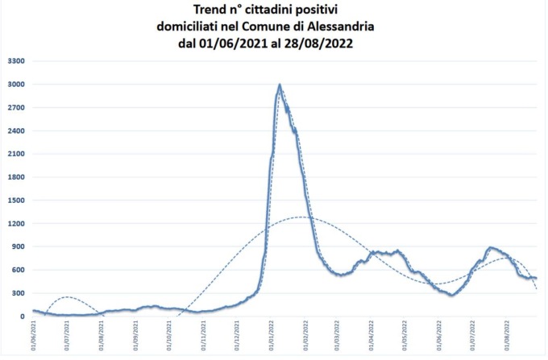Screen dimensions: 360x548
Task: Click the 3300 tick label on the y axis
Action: (x=16, y=61)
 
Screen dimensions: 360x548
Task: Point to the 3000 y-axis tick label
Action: (x=16, y=85)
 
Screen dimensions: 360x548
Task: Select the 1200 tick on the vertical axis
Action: (x=16, y=223)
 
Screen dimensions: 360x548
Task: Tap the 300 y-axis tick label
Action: (x=19, y=292)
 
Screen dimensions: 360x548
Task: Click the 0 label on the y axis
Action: (x=23, y=316)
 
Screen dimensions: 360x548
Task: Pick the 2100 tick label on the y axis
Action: (x=16, y=154)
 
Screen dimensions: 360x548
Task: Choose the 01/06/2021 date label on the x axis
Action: (x=34, y=336)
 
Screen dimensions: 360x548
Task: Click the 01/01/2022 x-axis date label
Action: (x=271, y=336)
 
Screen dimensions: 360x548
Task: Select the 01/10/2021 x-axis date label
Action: (x=169, y=336)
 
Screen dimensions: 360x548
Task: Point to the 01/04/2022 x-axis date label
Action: (x=372, y=336)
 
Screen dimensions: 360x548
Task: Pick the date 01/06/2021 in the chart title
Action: (x=227, y=43)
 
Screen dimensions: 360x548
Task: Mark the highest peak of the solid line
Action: (x=280, y=85)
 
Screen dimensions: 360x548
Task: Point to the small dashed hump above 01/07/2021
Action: (x=68, y=297)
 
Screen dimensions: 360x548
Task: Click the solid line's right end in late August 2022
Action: (x=536, y=279)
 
